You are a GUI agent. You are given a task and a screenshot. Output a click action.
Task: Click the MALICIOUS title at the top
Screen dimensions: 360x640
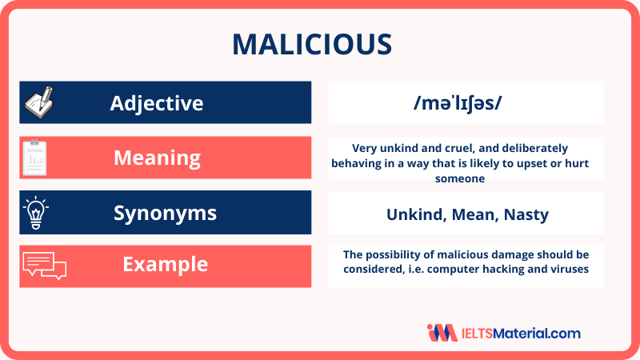(x=319, y=45)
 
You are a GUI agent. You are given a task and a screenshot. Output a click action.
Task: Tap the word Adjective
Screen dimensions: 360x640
(x=157, y=102)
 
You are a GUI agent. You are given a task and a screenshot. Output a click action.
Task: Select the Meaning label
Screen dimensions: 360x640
(x=157, y=158)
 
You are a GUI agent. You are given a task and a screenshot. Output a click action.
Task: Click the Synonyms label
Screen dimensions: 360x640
(x=157, y=213)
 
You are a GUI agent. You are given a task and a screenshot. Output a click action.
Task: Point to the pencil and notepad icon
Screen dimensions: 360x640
(x=38, y=102)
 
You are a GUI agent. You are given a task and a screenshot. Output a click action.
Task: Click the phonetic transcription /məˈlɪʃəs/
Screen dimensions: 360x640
(x=466, y=102)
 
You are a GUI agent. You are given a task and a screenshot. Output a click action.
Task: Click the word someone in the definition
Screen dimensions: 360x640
(x=466, y=179)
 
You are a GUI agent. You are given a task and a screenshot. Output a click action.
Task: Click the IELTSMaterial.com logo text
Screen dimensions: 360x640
(x=521, y=333)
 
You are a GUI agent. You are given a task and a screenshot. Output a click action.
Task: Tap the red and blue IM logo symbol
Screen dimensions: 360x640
(x=442, y=333)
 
